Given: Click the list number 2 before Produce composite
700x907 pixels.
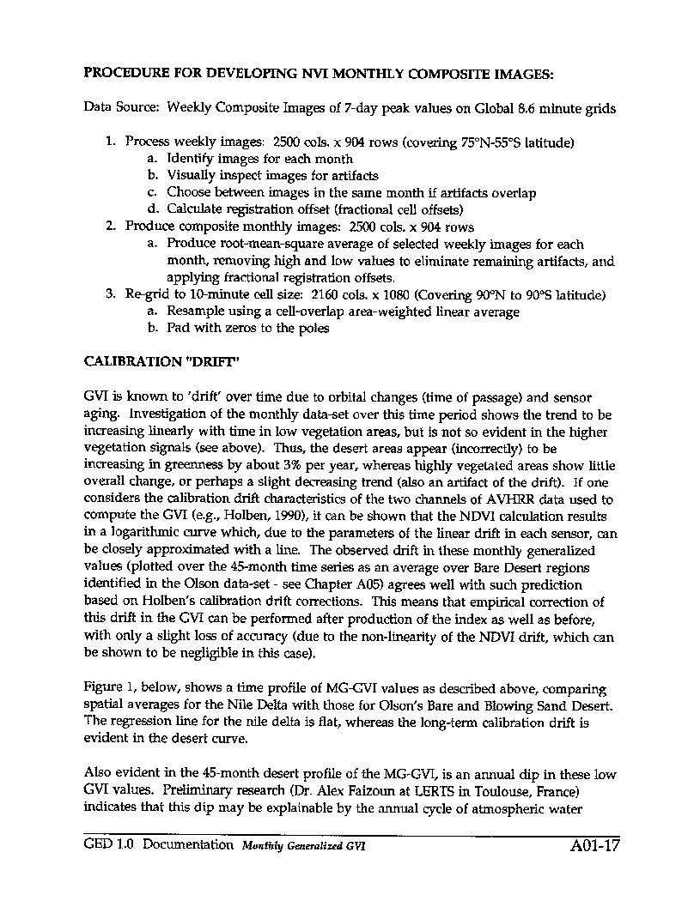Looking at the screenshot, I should tap(110, 227).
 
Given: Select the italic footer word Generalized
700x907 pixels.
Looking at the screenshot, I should tap(318, 845).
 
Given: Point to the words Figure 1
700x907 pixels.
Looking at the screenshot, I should tap(109, 688).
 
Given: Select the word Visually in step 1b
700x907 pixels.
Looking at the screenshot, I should tap(192, 176).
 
